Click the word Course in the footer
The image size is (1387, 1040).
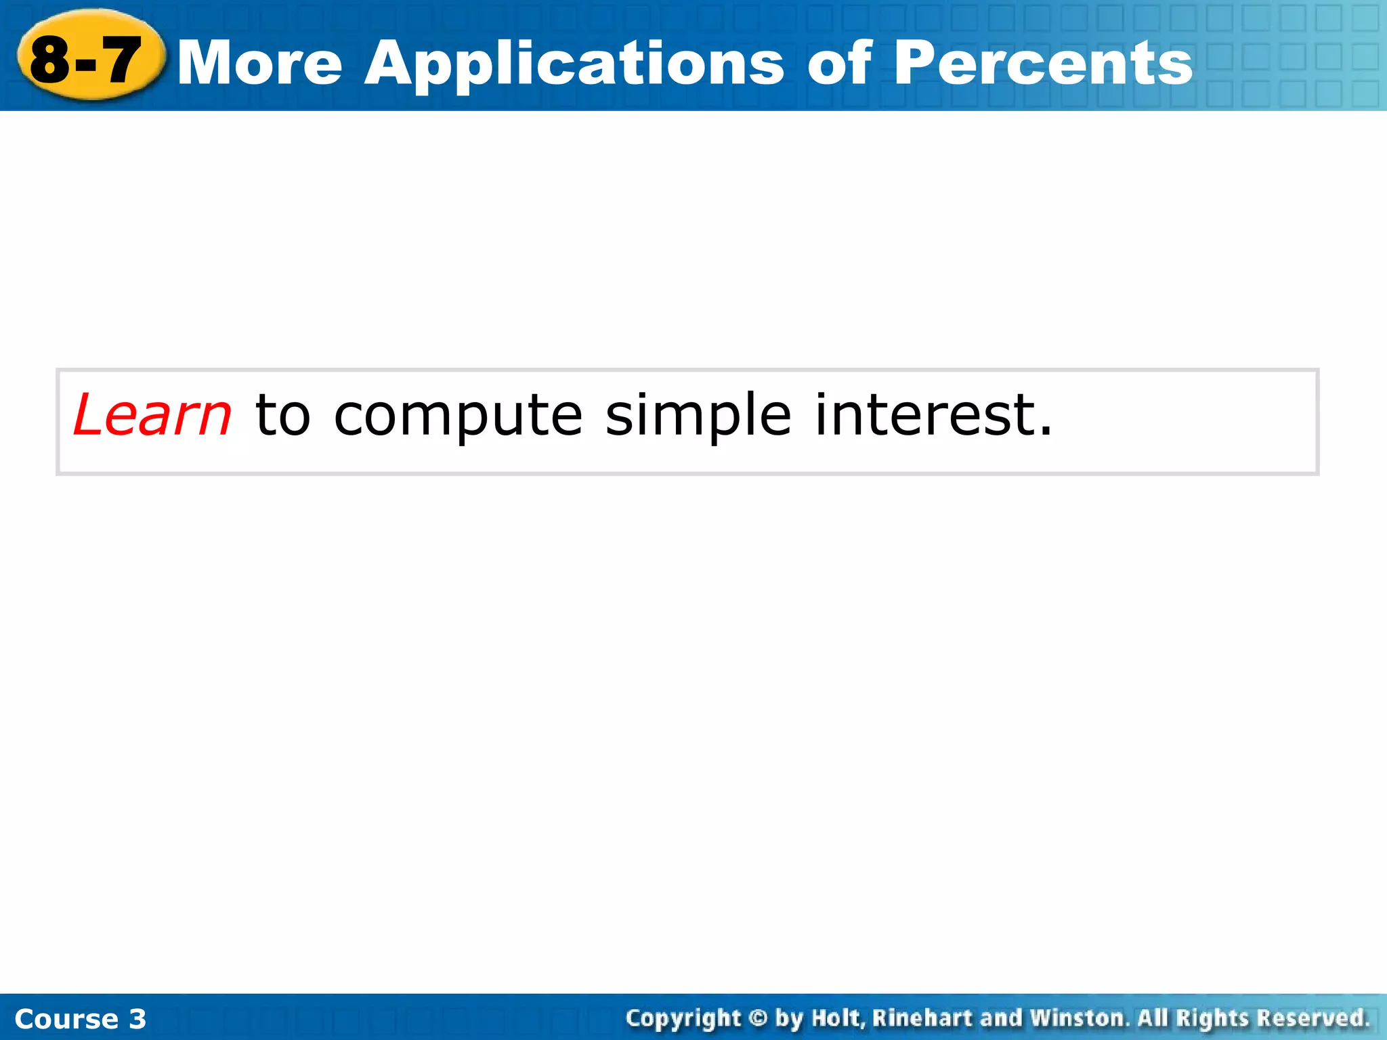tap(66, 1019)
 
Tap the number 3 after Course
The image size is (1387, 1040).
tap(137, 1019)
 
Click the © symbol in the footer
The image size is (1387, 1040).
tap(758, 1018)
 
